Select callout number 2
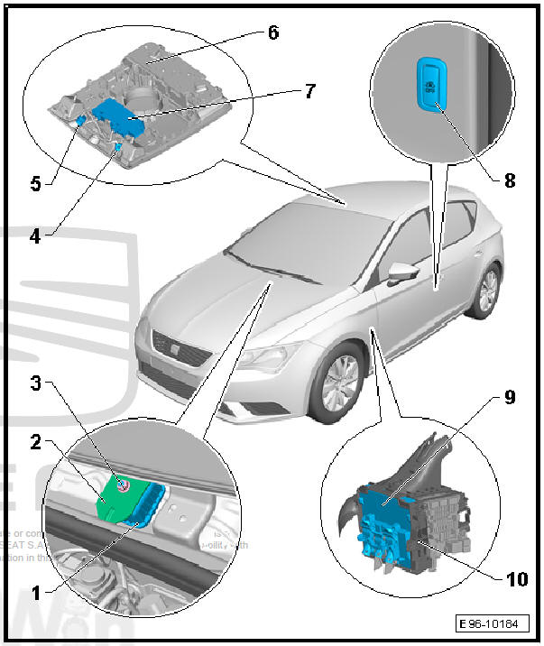[x=35, y=442]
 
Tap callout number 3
[x=35, y=383]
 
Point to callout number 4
[x=35, y=236]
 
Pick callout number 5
[x=35, y=183]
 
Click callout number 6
[x=272, y=32]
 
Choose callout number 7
[x=309, y=91]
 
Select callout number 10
[x=517, y=578]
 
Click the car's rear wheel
[x=486, y=291]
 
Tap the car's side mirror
[x=401, y=272]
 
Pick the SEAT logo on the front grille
[x=168, y=343]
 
